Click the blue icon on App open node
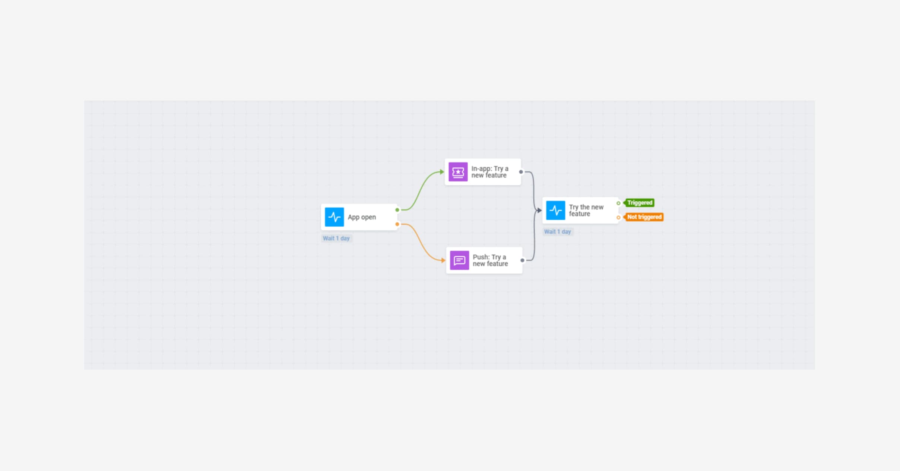[334, 217]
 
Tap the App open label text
[362, 217]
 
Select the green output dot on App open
[397, 210]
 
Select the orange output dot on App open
[397, 224]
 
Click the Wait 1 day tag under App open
[336, 238]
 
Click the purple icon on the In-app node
[458, 172]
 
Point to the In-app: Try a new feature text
[489, 172]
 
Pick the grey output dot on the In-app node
[521, 172]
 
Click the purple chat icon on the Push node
[459, 260]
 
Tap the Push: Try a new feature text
[490, 260]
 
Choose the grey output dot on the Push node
[522, 260]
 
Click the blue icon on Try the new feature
[555, 210]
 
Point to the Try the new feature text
[586, 210]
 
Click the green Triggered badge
[640, 203]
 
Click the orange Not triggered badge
[644, 217]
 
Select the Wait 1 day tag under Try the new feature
[557, 231]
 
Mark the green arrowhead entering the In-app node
[442, 172]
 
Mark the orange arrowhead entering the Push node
[443, 260]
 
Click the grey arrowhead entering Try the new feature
[539, 210]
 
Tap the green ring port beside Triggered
[618, 203]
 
